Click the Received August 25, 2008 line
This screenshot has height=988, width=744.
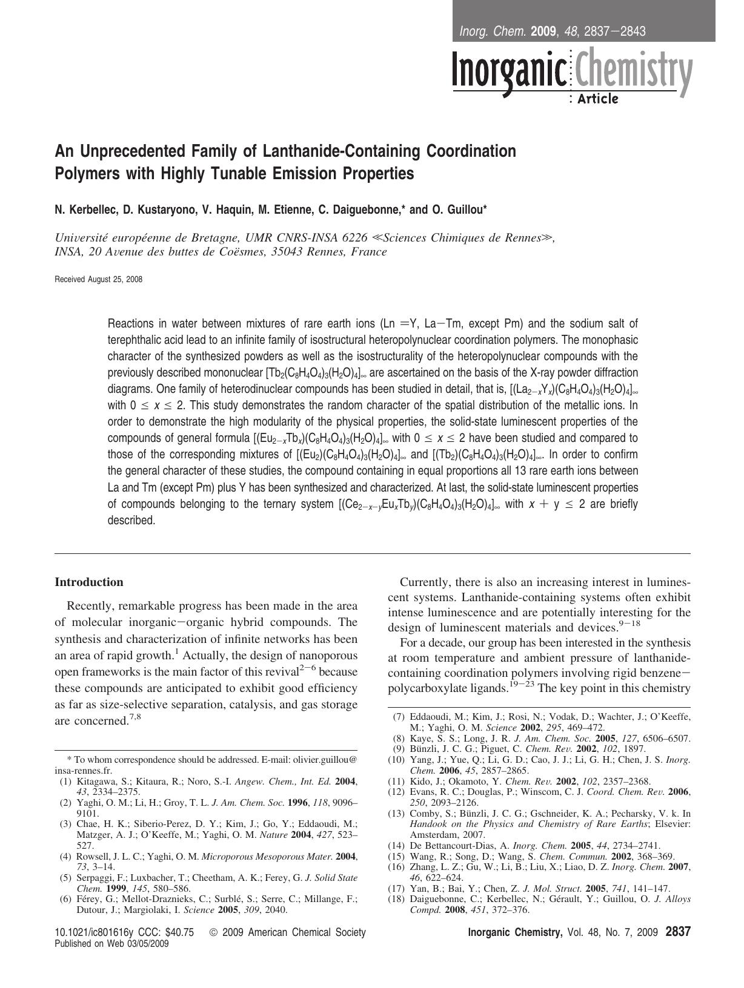coord(99,280)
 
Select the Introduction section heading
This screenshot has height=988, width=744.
coord(89,582)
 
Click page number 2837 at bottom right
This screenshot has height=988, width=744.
coord(677,933)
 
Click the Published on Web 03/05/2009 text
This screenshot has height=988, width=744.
coord(112,943)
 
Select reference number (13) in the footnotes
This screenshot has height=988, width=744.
coord(396,814)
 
